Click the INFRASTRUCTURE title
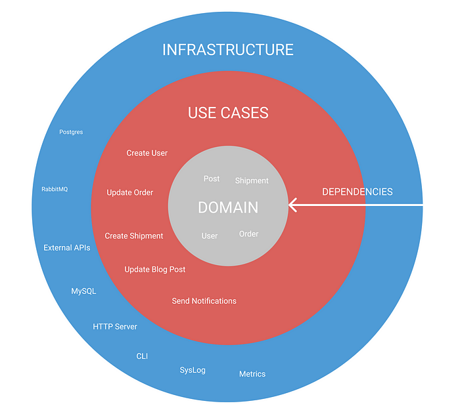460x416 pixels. tap(228, 50)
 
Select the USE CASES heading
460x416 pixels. tap(228, 113)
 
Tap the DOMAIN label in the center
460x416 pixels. tap(228, 207)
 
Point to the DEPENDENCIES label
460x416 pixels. tap(357, 192)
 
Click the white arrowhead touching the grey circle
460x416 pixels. tap(293, 205)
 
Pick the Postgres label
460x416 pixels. tap(71, 132)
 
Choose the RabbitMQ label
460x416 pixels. tap(55, 189)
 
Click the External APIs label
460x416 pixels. tap(67, 248)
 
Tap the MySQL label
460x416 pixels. tap(83, 291)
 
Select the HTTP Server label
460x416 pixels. tap(115, 326)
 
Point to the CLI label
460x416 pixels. tap(142, 356)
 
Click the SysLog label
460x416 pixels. tap(193, 370)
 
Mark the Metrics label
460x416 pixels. tap(252, 374)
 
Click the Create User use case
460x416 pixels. tap(147, 153)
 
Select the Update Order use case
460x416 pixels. tap(130, 193)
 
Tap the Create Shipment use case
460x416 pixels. tap(134, 236)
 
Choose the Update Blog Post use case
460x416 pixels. tap(155, 270)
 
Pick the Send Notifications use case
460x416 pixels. tap(204, 301)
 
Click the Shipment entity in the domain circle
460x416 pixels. tap(252, 180)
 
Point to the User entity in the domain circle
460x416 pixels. tap(210, 236)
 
